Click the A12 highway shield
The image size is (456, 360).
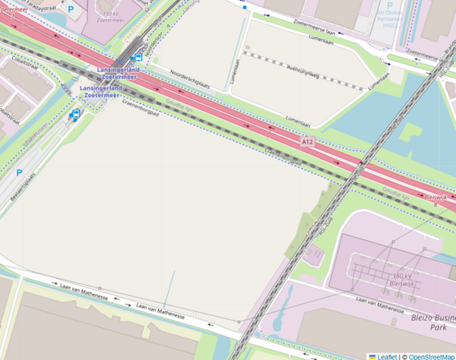[307, 142]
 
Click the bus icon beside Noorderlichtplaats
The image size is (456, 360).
[138, 56]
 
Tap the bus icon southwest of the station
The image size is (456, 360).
[75, 115]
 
